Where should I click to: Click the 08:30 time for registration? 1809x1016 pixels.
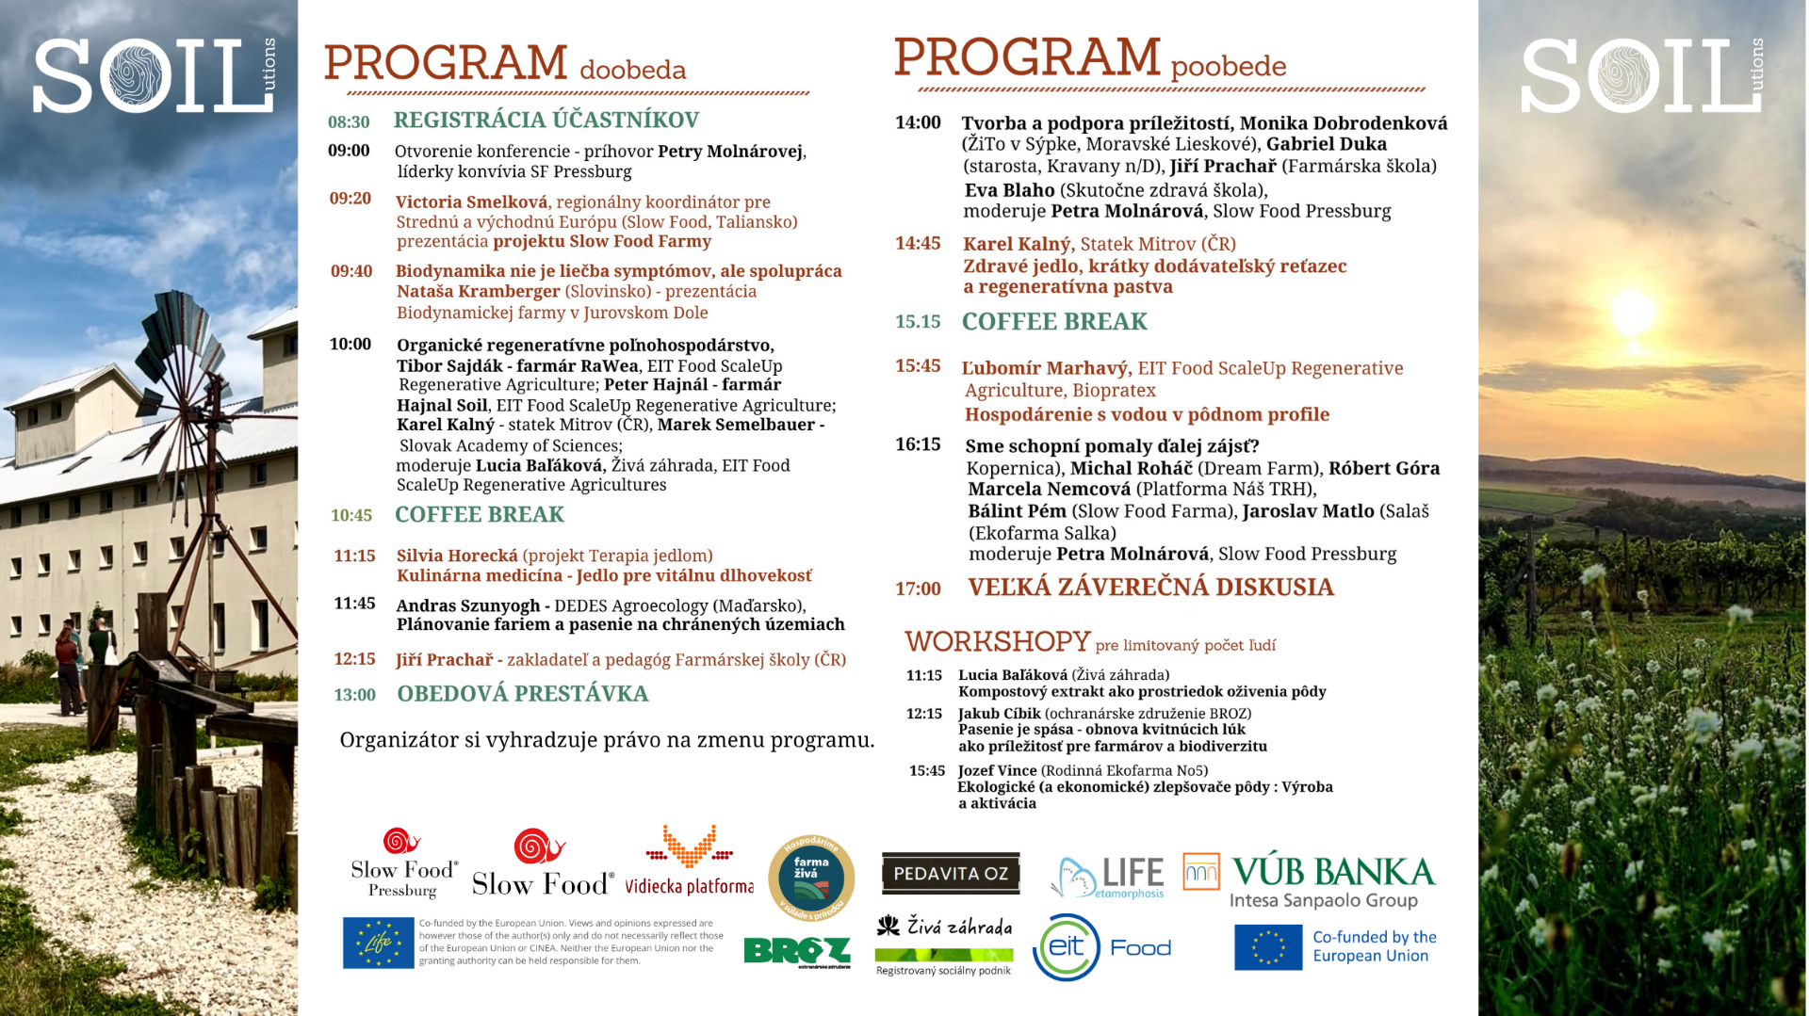[349, 122]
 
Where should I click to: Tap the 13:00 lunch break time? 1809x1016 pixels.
[354, 695]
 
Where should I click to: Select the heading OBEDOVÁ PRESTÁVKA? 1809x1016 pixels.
[522, 694]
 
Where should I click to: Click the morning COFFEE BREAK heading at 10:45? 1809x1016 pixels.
[479, 514]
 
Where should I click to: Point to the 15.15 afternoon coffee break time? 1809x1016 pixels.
[918, 322]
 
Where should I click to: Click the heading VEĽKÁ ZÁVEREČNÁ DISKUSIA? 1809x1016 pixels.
[1150, 588]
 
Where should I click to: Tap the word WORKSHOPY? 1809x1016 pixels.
[997, 642]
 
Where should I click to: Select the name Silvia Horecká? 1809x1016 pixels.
[457, 556]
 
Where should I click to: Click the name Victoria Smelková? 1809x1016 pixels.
[471, 202]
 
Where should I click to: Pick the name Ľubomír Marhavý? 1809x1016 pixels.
[1045, 368]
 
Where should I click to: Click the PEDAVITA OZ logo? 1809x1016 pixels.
[950, 873]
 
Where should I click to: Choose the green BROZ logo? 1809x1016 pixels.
[796, 952]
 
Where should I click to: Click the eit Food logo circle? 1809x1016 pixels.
[1067, 947]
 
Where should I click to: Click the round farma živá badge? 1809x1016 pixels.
[811, 877]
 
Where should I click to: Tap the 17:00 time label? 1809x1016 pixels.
[918, 589]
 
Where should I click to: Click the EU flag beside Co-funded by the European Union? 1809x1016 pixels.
[1268, 947]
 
